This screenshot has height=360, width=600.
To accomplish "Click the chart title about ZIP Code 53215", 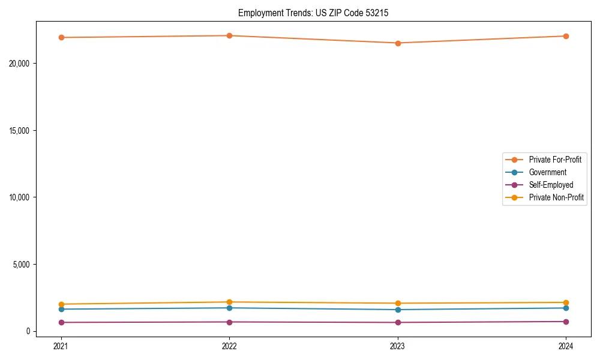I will click(313, 13).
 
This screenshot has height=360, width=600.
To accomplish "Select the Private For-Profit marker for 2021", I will click(61, 37).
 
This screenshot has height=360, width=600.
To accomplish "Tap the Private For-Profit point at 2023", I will click(398, 43).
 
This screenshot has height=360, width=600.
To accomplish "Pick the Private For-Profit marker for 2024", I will click(566, 36).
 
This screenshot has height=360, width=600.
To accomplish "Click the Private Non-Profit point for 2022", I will click(229, 302).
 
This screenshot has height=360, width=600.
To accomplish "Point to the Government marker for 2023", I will click(398, 310).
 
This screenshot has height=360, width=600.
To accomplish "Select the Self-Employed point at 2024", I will click(566, 322).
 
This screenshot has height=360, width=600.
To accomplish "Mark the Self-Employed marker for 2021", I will click(61, 322).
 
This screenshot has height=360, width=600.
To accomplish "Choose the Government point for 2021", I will click(61, 309).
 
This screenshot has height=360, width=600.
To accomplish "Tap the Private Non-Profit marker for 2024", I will click(566, 302).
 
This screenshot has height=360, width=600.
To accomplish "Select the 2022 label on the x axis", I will click(229, 346).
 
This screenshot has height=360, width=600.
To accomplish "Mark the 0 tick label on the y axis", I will click(28, 331).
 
